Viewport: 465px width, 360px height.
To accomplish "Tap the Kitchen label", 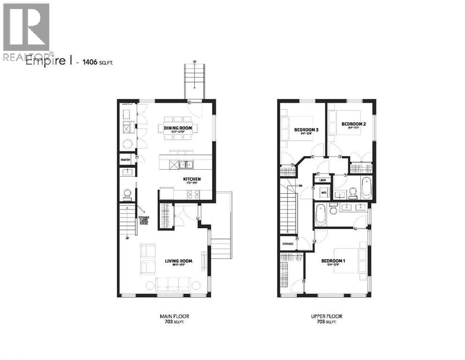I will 192,179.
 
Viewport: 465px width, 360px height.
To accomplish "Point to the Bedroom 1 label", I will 333,261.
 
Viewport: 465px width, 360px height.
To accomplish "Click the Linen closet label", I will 323,180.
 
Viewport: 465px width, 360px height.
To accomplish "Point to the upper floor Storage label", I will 288,244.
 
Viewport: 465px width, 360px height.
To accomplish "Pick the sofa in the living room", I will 174,285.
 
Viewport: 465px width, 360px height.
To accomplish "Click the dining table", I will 181,128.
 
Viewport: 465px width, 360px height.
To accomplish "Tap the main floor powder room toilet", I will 126,193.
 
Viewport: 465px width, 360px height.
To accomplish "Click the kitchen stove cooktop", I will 193,193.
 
